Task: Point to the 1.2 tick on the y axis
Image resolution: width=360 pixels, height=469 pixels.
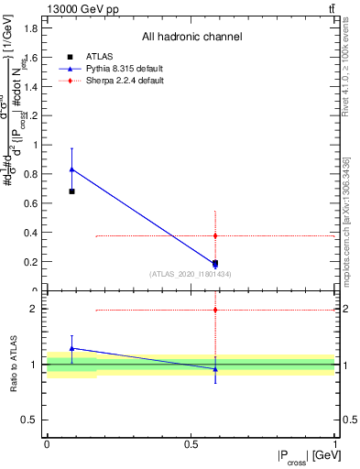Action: pyautogui.click(x=31, y=115)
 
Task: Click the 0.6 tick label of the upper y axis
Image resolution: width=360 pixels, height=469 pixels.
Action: pyautogui.click(x=31, y=203)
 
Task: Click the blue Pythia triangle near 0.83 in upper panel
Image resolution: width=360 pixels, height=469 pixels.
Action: pyautogui.click(x=71, y=169)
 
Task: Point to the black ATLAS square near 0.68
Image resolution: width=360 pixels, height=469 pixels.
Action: pyautogui.click(x=71, y=191)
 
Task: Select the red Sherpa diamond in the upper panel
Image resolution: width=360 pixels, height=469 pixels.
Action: pyautogui.click(x=215, y=235)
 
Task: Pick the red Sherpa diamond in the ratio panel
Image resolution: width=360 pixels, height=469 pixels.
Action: pyautogui.click(x=215, y=310)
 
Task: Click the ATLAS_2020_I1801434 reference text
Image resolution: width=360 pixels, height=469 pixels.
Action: pyautogui.click(x=191, y=274)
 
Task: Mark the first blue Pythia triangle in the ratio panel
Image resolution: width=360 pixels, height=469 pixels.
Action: pyautogui.click(x=71, y=348)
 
